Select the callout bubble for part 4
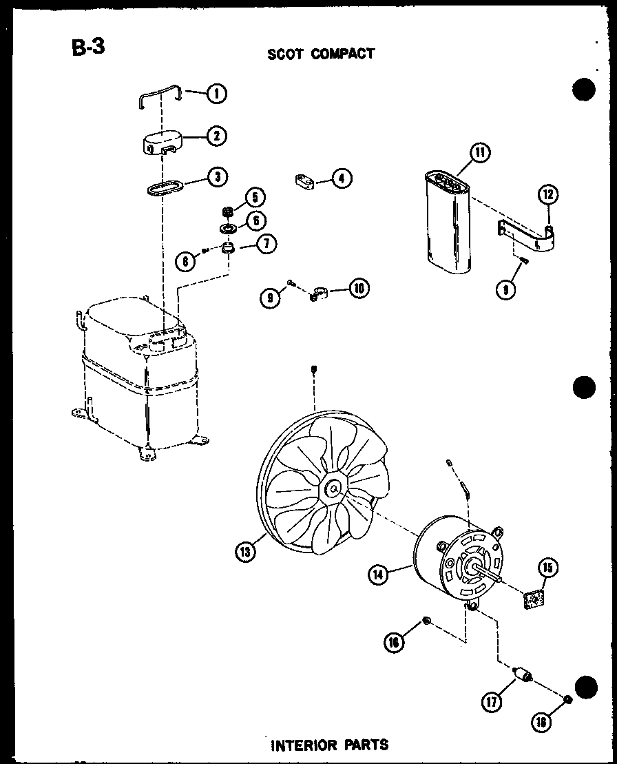coord(341,179)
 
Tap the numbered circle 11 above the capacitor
coord(479,152)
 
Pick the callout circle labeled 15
coord(547,568)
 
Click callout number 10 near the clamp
coord(357,288)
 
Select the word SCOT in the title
coord(286,54)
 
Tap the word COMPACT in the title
coord(342,54)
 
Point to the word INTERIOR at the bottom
coord(300,744)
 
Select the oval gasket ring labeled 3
coord(164,186)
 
